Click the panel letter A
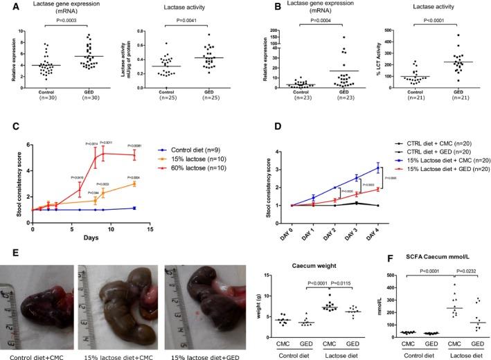point(6,6)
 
